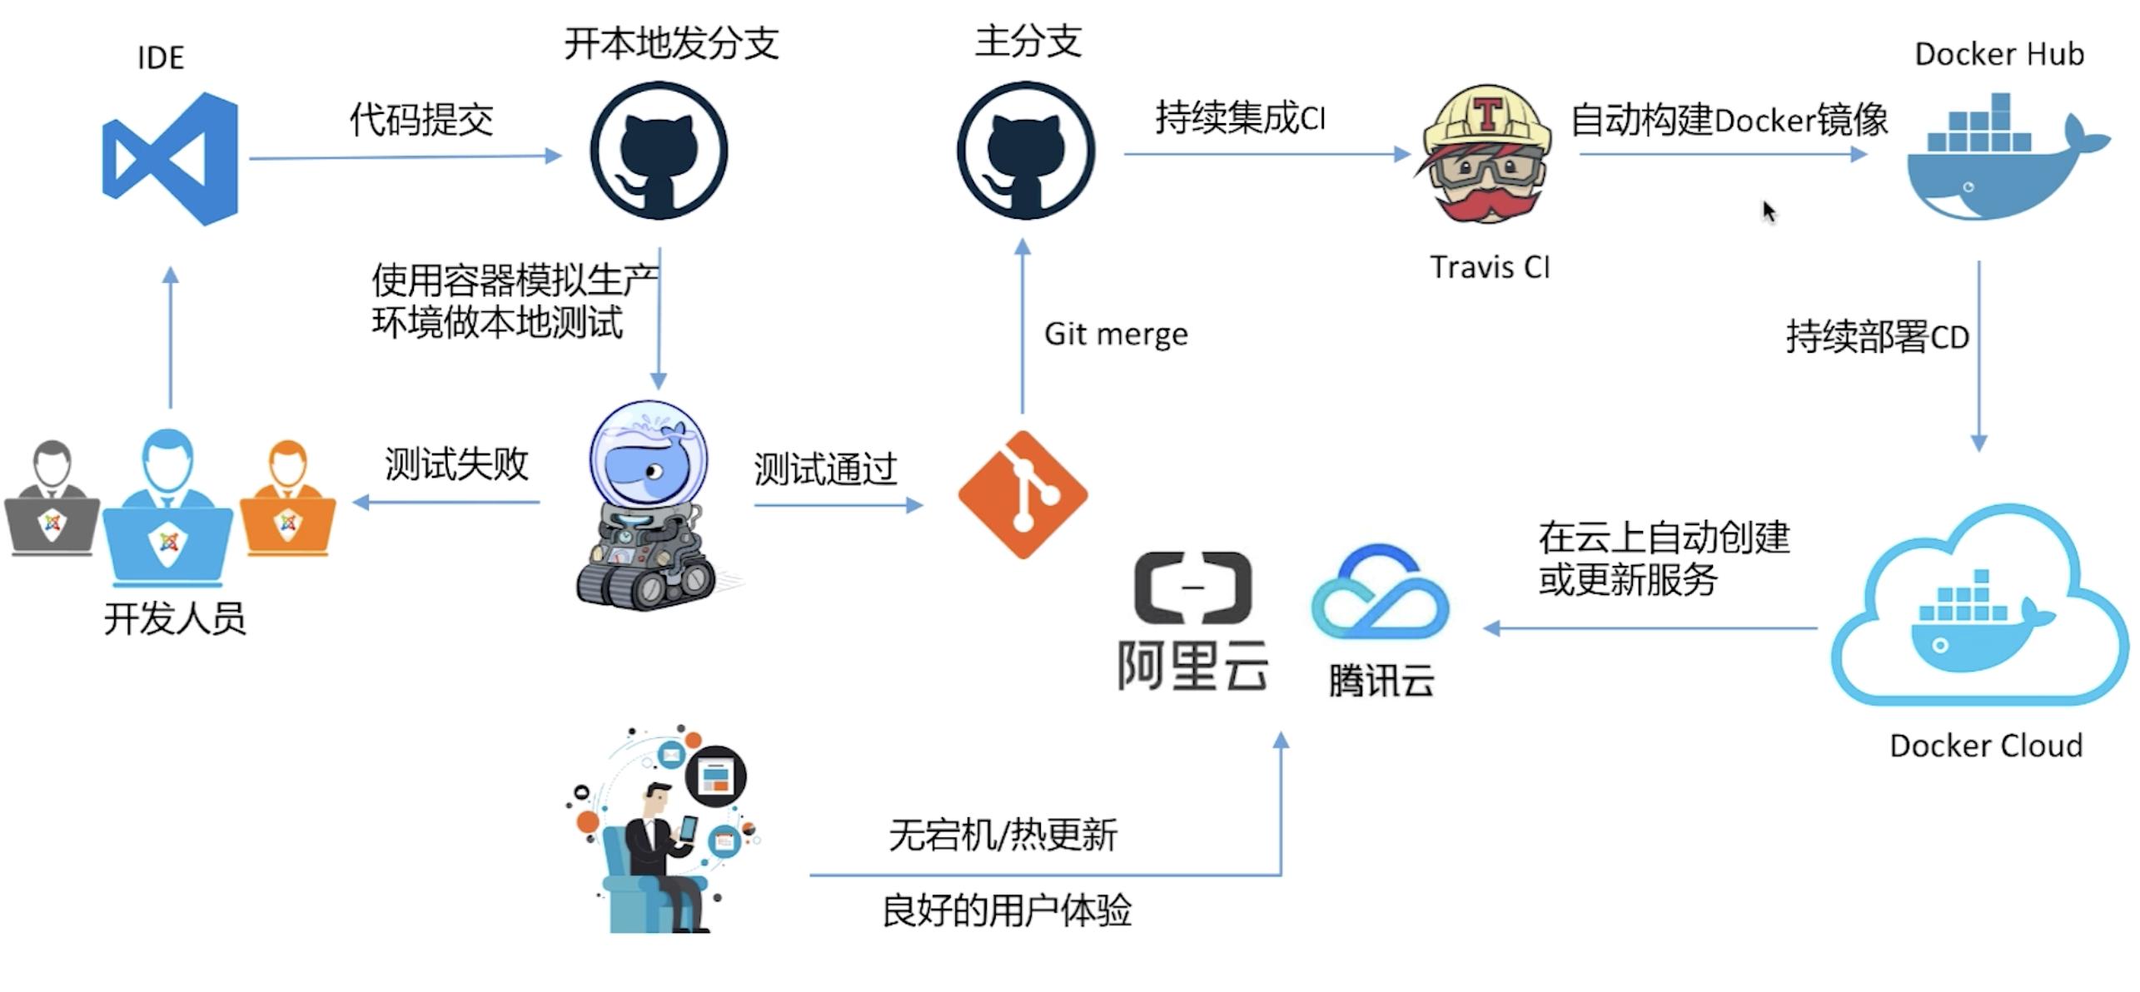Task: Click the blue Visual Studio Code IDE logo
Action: [172, 159]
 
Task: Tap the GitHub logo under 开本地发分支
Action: [659, 151]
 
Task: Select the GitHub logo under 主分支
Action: [1025, 151]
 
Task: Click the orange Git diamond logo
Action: [1023, 495]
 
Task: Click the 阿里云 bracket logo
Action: [1192, 588]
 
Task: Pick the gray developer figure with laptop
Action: [52, 499]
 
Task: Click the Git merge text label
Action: [1116, 335]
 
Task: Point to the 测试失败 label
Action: [456, 464]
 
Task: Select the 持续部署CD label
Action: [1877, 337]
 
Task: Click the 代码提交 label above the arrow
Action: [421, 120]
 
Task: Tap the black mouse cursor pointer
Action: [1769, 211]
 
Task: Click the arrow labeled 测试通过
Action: [838, 505]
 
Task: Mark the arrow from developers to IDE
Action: [171, 337]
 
